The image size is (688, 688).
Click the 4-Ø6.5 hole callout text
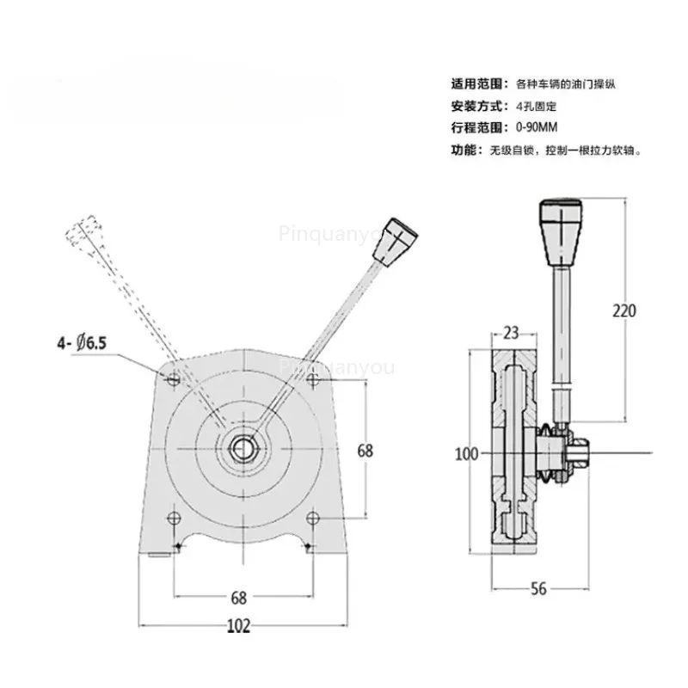pos(82,342)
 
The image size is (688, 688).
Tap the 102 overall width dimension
pos(239,626)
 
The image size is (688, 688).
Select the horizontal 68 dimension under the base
pos(239,598)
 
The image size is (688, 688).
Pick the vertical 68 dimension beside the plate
pos(365,451)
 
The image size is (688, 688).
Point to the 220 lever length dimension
pos(624,310)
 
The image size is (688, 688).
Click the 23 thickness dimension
pos(511,334)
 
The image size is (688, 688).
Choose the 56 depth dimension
pos(538,589)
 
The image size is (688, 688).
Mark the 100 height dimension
pos(466,454)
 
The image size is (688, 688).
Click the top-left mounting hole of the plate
pos(175,378)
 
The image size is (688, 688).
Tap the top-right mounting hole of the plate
pos(312,378)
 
